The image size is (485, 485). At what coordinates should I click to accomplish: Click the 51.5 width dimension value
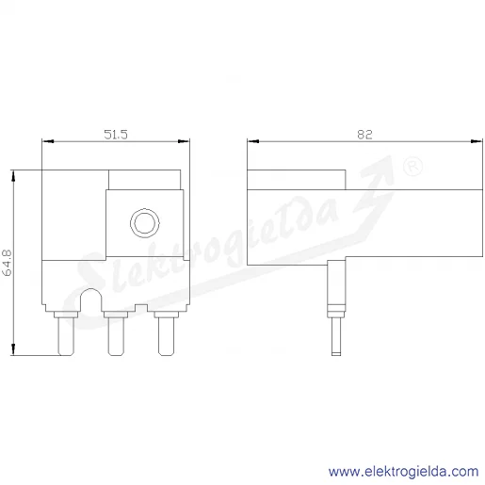tap(116, 135)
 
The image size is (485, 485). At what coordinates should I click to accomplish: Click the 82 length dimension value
tap(364, 135)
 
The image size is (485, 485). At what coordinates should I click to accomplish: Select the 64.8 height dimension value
tap(7, 263)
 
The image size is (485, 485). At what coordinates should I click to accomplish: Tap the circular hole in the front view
tap(145, 223)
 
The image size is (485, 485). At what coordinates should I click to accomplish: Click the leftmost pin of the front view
tap(66, 333)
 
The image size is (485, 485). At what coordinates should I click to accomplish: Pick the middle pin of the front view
tap(116, 333)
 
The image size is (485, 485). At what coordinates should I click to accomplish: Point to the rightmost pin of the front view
tap(166, 333)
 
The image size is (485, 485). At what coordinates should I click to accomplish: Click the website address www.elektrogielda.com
tap(404, 472)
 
